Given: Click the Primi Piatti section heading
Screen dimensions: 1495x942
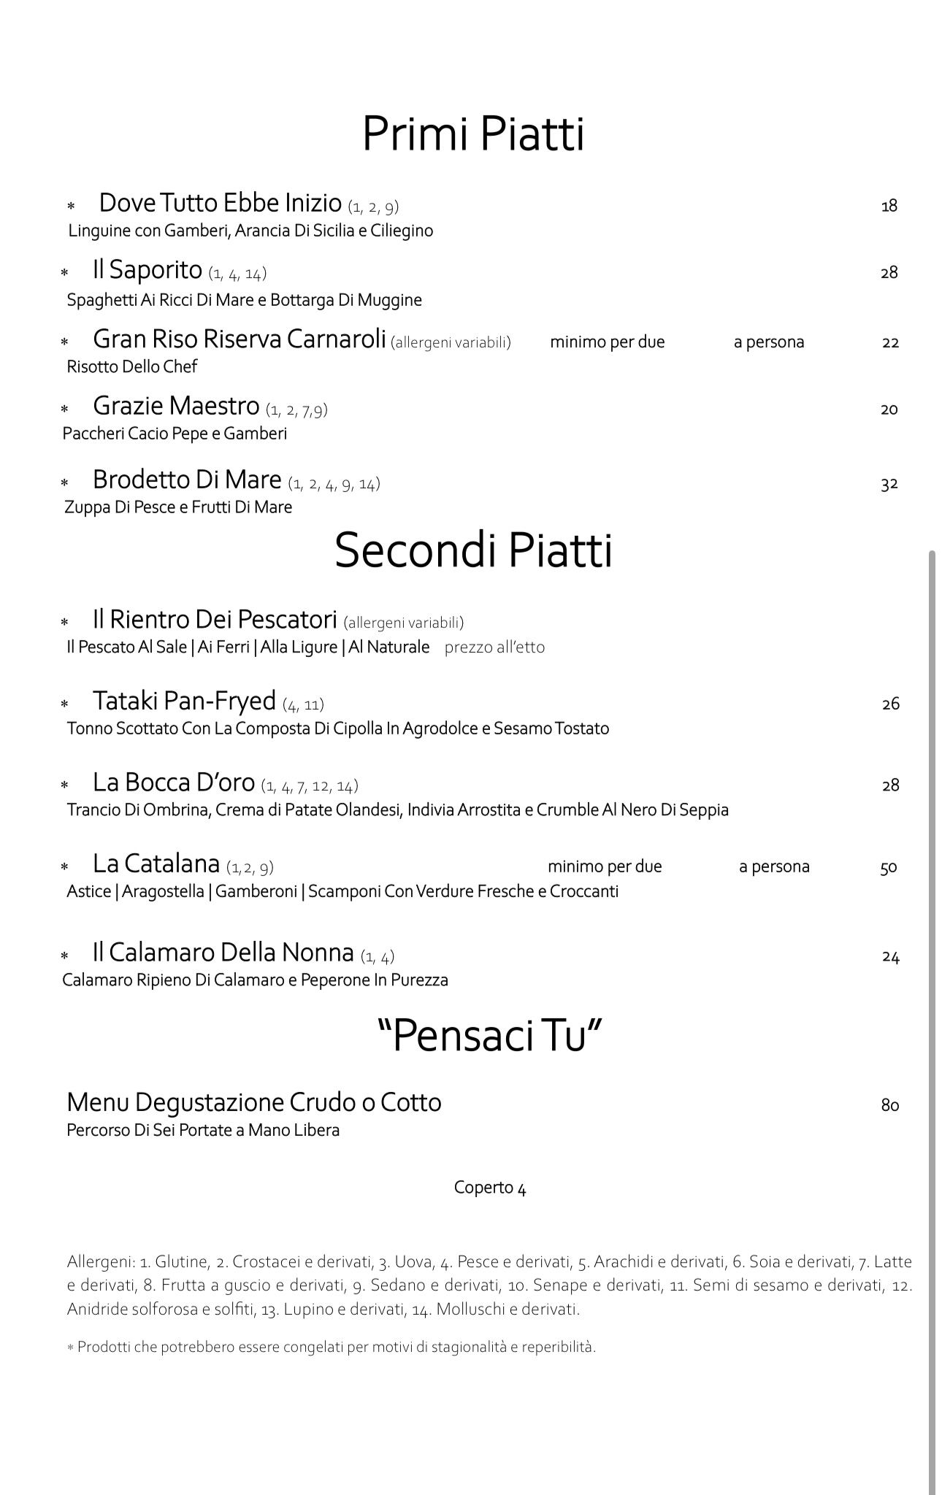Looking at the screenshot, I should tap(473, 134).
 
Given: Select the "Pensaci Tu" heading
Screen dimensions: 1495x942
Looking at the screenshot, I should tap(489, 1035).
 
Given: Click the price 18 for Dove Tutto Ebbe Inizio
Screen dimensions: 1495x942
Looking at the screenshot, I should tap(889, 206).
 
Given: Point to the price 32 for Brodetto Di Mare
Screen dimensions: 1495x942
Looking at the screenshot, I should tap(889, 484).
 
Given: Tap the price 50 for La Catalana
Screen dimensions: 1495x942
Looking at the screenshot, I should tap(889, 868).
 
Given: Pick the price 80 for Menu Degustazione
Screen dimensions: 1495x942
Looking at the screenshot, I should tap(889, 1105).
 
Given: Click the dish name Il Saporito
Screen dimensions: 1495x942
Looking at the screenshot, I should tap(147, 270).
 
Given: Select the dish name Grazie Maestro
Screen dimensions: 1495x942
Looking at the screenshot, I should tap(176, 406).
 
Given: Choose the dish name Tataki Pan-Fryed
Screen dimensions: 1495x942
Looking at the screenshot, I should tap(184, 701).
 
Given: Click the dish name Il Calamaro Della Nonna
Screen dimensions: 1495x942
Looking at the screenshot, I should tap(223, 953).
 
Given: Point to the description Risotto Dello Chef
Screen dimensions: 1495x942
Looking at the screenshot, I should tap(131, 366).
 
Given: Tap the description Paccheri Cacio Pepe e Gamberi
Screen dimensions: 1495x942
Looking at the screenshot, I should tap(175, 434).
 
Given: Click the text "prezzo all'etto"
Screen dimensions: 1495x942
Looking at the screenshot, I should tap(494, 647).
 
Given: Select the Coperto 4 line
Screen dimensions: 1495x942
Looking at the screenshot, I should tap(490, 1188).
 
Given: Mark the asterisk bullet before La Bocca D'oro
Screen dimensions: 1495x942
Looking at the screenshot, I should tap(64, 786).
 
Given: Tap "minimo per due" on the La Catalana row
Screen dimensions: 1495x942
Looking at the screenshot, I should tap(605, 866).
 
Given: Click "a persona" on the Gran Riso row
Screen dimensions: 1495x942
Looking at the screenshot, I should tap(769, 342).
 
